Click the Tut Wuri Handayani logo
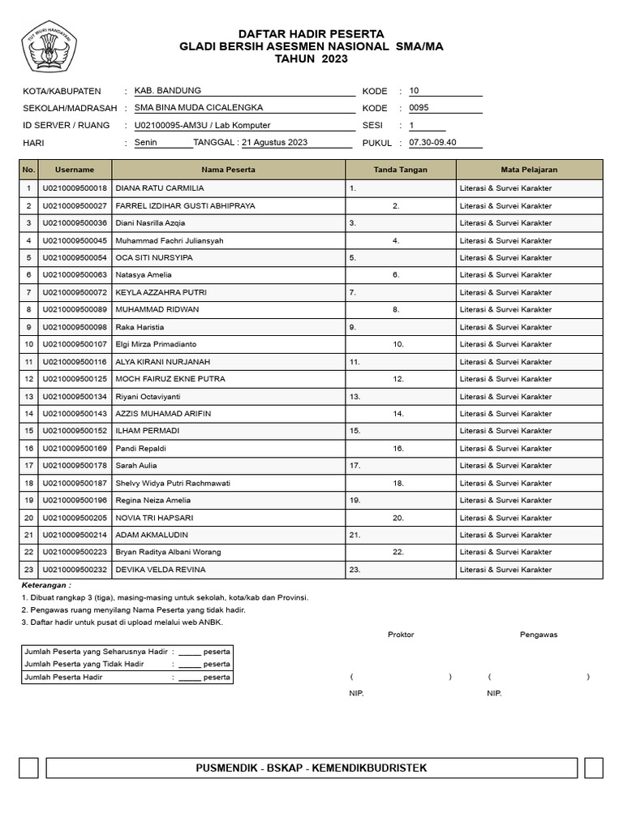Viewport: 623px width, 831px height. pyautogui.click(x=50, y=48)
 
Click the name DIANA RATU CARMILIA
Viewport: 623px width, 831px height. pyautogui.click(x=160, y=188)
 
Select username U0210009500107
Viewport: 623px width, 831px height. pyautogui.click(x=75, y=344)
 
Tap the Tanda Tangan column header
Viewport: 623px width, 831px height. pyautogui.click(x=401, y=170)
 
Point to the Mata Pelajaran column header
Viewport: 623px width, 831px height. pyautogui.click(x=529, y=170)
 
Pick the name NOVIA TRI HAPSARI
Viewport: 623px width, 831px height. pyautogui.click(x=158, y=518)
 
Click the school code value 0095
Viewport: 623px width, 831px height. pyautogui.click(x=419, y=107)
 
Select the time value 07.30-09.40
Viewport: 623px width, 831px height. pyautogui.click(x=433, y=142)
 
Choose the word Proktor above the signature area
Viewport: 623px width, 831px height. pyautogui.click(x=401, y=635)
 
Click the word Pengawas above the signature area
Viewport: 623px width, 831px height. pyautogui.click(x=539, y=635)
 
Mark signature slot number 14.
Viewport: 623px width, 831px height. pyautogui.click(x=398, y=414)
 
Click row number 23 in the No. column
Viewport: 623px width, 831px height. pyautogui.click(x=28, y=570)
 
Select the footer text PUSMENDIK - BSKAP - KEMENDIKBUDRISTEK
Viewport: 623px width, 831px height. pyautogui.click(x=311, y=768)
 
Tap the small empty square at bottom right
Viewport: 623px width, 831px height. pyautogui.click(x=593, y=768)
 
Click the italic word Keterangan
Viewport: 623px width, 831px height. pyautogui.click(x=46, y=584)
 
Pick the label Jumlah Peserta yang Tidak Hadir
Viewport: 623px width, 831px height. pyautogui.click(x=84, y=664)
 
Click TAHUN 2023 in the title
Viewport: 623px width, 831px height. pyautogui.click(x=311, y=59)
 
